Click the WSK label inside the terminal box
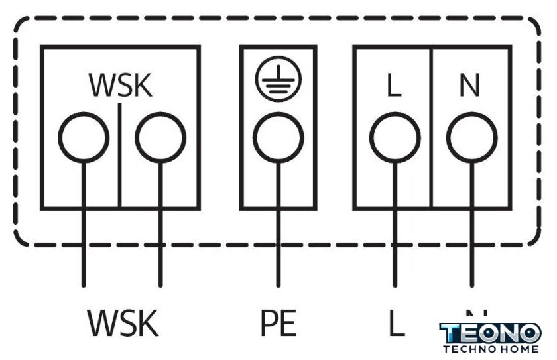click(120, 86)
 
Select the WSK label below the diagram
click(123, 323)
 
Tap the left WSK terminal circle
click(83, 138)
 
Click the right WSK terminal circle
click(160, 138)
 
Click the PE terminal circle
click(278, 138)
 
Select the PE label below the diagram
click(278, 323)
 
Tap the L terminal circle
click(395, 138)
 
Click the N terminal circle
click(471, 138)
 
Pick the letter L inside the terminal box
click(395, 87)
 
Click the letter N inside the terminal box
click(470, 87)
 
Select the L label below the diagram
click(396, 323)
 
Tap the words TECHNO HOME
click(491, 349)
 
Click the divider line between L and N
click(432, 166)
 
